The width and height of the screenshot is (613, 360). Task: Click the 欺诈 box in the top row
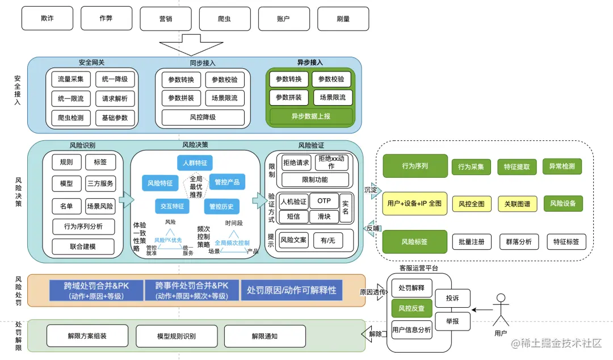click(x=47, y=18)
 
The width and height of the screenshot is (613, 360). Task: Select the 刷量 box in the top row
click(x=342, y=18)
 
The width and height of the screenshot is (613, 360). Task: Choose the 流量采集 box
click(x=71, y=79)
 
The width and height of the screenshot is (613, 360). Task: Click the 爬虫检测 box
click(x=71, y=118)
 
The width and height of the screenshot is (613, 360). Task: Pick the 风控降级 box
click(x=203, y=118)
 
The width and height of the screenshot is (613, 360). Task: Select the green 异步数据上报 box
click(x=310, y=116)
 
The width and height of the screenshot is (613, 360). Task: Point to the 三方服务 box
click(x=100, y=183)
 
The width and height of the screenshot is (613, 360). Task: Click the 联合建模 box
click(x=83, y=247)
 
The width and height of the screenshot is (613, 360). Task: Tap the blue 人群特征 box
click(x=195, y=163)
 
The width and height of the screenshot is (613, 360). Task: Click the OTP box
click(x=324, y=201)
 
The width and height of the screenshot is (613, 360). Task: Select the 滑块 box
click(x=324, y=216)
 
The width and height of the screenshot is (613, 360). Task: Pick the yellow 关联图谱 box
click(x=518, y=203)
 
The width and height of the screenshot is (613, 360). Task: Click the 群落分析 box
click(x=519, y=242)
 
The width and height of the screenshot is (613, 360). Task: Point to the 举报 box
click(x=452, y=321)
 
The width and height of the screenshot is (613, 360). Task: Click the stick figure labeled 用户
click(x=501, y=309)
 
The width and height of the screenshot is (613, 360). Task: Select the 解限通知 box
click(x=264, y=336)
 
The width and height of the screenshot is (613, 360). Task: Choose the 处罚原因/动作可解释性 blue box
click(x=292, y=290)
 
